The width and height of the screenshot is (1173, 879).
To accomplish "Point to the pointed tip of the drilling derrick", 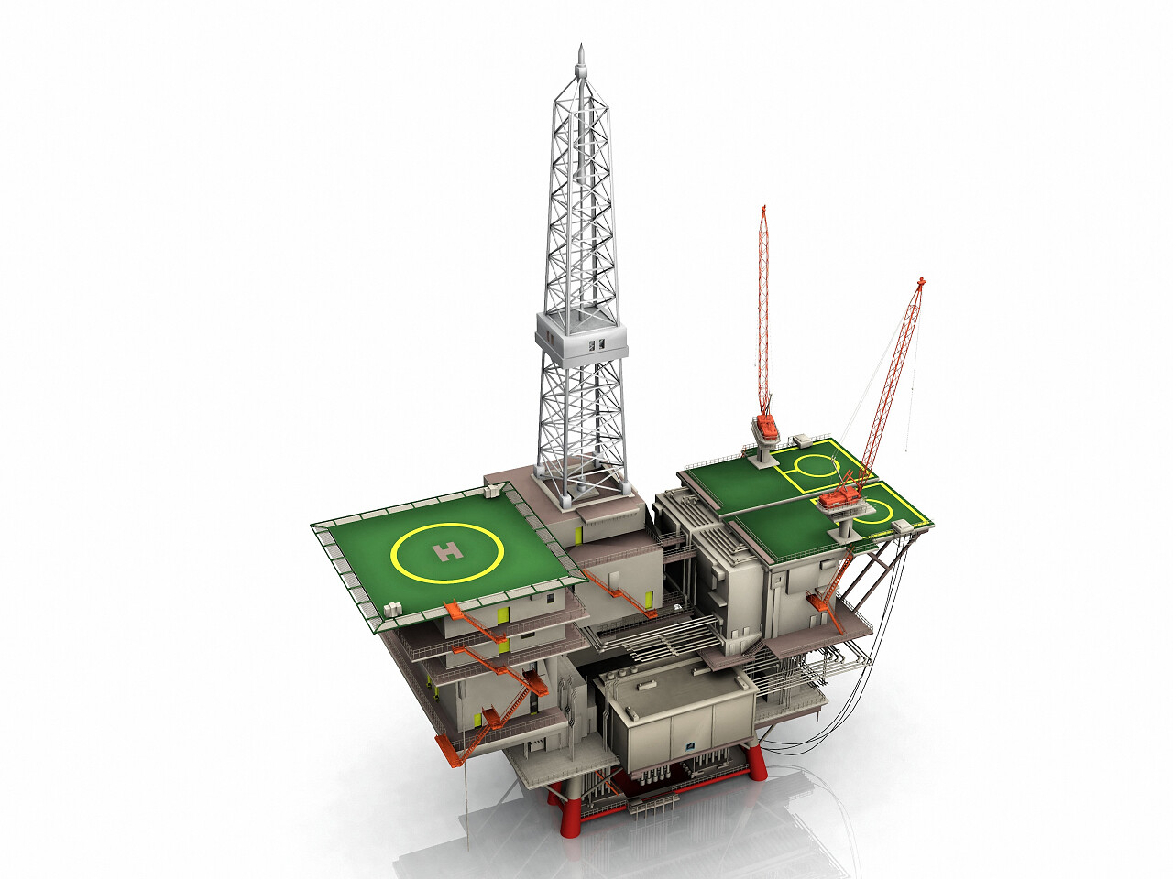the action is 580,47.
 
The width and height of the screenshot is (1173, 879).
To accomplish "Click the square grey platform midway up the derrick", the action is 581,337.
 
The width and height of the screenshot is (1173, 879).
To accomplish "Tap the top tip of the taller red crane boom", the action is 763,207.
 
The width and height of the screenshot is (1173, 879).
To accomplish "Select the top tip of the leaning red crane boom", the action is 920,280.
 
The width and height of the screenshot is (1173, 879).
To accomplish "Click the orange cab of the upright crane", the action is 767,428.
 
